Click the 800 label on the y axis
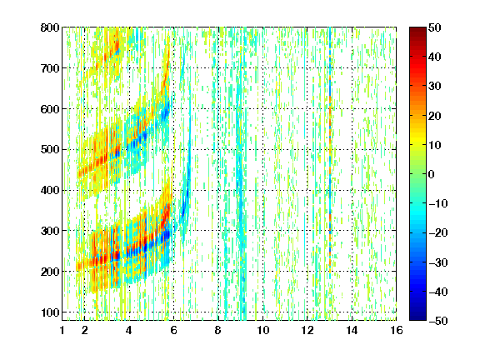[x=50, y=27]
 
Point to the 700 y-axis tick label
[x=50, y=68]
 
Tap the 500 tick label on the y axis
[x=50, y=150]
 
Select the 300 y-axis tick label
[x=50, y=231]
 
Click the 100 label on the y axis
[x=50, y=312]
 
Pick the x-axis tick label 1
[x=62, y=330]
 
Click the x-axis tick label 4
[x=129, y=330]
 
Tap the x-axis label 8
[x=218, y=330]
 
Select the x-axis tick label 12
[x=307, y=330]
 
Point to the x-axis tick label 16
[x=397, y=330]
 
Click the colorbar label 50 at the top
[x=434, y=27]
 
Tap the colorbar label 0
[x=432, y=174]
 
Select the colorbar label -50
[x=437, y=321]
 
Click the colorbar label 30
[x=434, y=87]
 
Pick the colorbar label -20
[x=437, y=232]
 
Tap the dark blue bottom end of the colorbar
[x=417, y=317]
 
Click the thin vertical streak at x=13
[x=330, y=153]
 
